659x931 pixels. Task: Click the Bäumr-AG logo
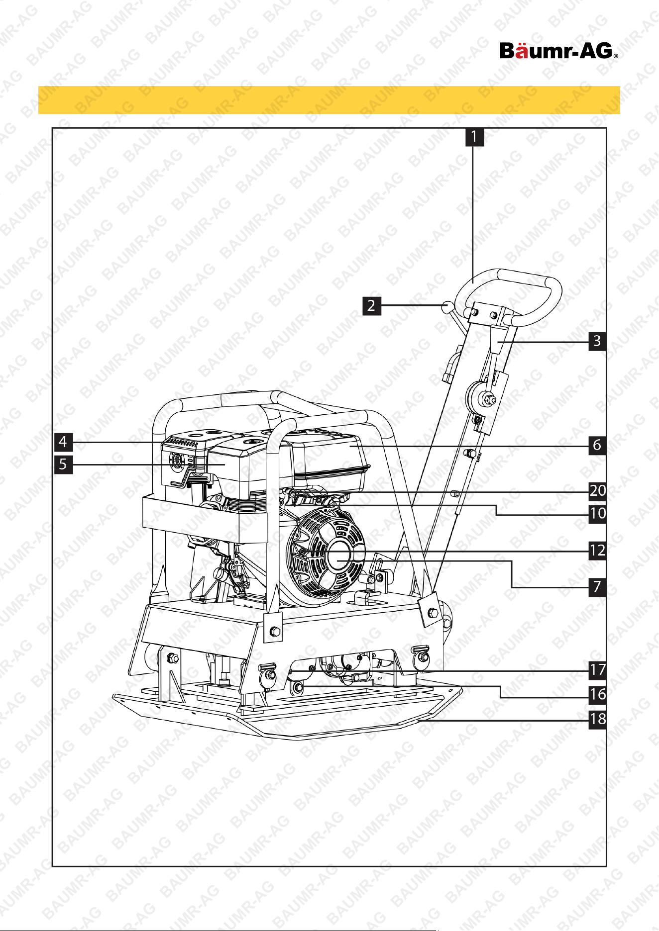(x=559, y=50)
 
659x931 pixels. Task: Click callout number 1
(x=475, y=137)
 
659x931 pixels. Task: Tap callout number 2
(x=372, y=305)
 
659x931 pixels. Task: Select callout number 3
(x=597, y=341)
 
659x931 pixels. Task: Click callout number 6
(x=597, y=445)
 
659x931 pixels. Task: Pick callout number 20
(x=597, y=491)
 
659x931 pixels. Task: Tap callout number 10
(x=597, y=513)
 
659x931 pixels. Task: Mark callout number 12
(x=597, y=551)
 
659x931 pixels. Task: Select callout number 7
(x=597, y=587)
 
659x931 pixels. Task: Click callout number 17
(x=597, y=670)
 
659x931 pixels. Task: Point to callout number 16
(x=597, y=694)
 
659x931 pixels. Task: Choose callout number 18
(x=597, y=719)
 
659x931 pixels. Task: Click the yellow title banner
(x=329, y=100)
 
